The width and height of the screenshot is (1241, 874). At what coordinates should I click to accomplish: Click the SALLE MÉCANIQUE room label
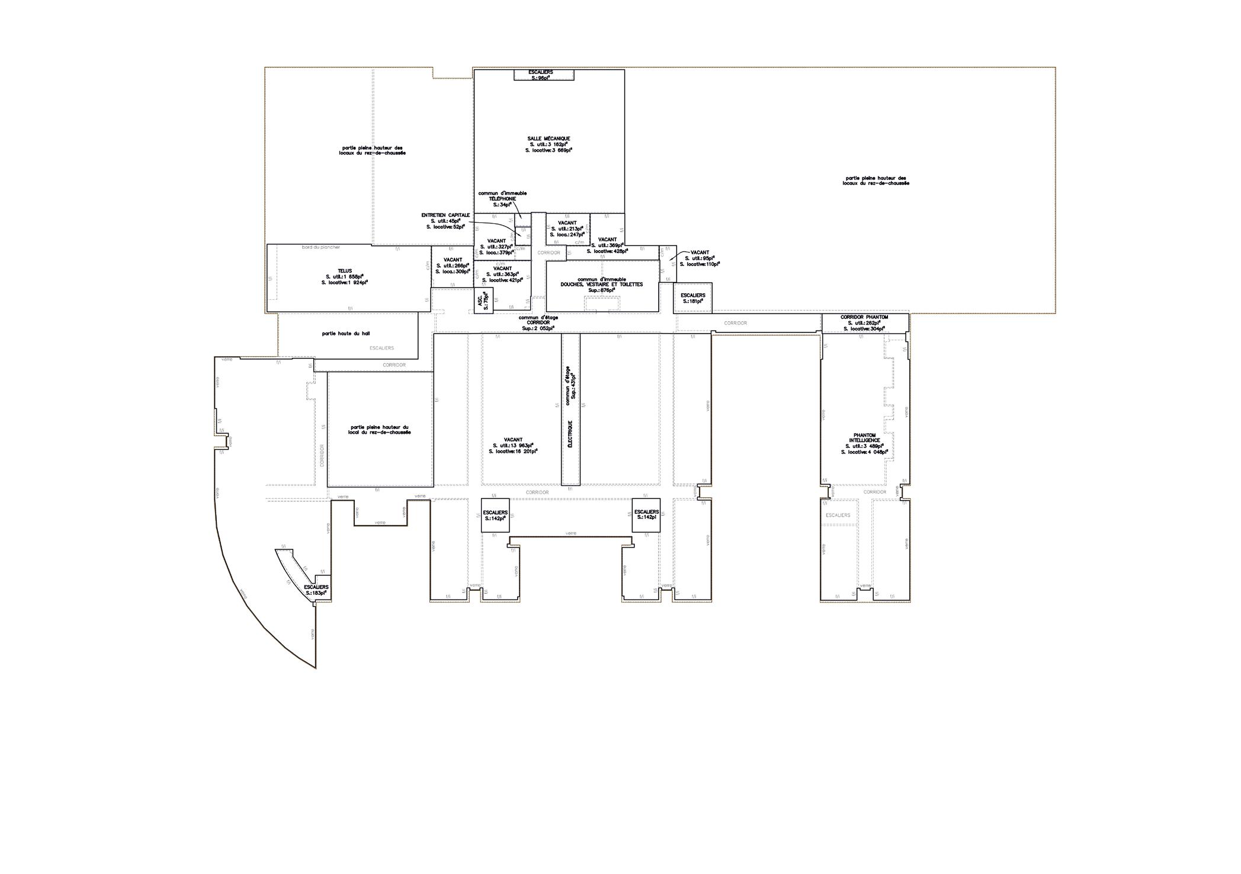click(x=549, y=139)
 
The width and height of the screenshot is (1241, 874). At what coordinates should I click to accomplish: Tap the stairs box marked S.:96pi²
click(x=541, y=75)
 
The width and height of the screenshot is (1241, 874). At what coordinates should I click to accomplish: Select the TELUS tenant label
click(x=345, y=271)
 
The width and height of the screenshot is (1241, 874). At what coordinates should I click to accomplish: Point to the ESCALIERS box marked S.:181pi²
click(x=692, y=298)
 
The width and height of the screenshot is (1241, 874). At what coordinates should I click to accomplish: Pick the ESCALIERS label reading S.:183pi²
click(x=316, y=590)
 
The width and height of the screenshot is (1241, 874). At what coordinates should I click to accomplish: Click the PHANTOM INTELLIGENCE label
click(x=865, y=438)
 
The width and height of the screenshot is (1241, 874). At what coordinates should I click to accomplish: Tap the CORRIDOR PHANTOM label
click(x=864, y=317)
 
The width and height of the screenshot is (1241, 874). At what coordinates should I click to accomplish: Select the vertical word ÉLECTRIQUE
click(x=570, y=434)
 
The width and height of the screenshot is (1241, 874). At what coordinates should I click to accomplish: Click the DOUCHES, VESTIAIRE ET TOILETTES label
click(x=601, y=284)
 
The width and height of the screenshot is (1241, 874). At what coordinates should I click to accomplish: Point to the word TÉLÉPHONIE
click(x=502, y=199)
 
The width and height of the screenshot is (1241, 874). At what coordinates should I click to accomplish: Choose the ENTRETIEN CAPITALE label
click(x=445, y=215)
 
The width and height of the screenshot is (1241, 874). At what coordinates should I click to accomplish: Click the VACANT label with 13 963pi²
click(x=513, y=440)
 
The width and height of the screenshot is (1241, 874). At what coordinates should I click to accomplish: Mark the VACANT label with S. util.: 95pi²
click(x=700, y=252)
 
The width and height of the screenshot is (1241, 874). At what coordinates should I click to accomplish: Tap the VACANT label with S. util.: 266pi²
click(x=453, y=260)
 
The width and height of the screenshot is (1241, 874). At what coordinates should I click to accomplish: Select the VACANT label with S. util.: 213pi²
click(x=567, y=223)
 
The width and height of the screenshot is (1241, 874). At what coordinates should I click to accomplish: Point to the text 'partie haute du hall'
click(x=346, y=334)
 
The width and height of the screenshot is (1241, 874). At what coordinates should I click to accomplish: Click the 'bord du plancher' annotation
click(x=320, y=247)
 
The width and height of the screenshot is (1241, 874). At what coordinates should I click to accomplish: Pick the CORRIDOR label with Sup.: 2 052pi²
click(x=538, y=322)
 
